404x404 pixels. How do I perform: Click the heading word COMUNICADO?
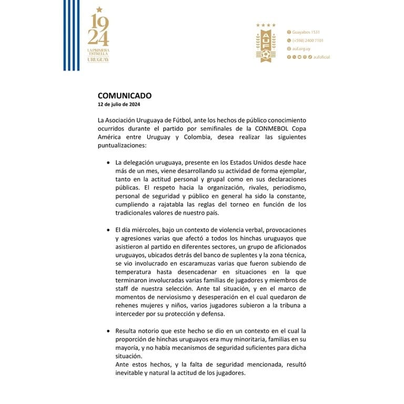coord(125,96)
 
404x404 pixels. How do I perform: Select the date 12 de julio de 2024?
coord(119,104)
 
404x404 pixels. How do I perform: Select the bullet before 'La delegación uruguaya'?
coord(108,163)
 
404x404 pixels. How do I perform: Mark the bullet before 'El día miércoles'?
coord(108,230)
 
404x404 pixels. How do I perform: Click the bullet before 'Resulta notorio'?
coord(108,331)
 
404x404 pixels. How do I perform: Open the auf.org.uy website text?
coord(302,48)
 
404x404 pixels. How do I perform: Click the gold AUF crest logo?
coord(266,45)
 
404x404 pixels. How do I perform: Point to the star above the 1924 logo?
coord(98,9)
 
